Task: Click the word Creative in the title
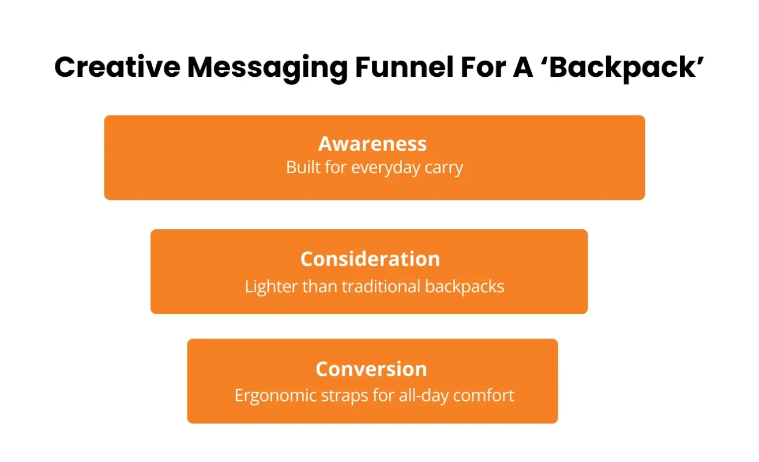tap(117, 68)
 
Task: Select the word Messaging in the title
tap(267, 68)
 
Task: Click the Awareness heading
tap(373, 143)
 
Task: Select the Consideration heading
tap(370, 259)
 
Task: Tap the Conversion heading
tap(371, 368)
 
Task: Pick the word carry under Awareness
tap(445, 168)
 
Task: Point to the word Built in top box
tap(303, 168)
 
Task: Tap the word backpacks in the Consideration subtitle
tap(464, 286)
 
